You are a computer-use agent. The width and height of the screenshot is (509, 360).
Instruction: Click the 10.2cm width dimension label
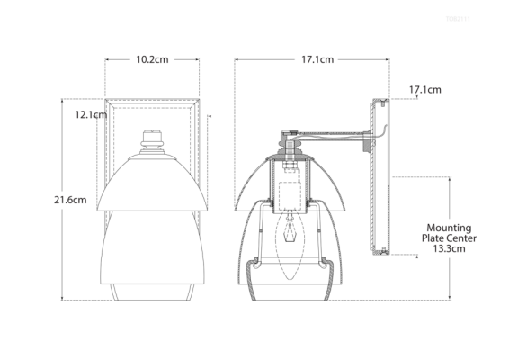pos(152,59)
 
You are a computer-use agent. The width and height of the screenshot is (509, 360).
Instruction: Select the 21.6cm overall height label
pos(71,200)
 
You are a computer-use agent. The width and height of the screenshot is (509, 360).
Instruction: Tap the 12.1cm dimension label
pos(91,114)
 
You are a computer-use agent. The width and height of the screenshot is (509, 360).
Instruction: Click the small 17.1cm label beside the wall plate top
pos(424,90)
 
